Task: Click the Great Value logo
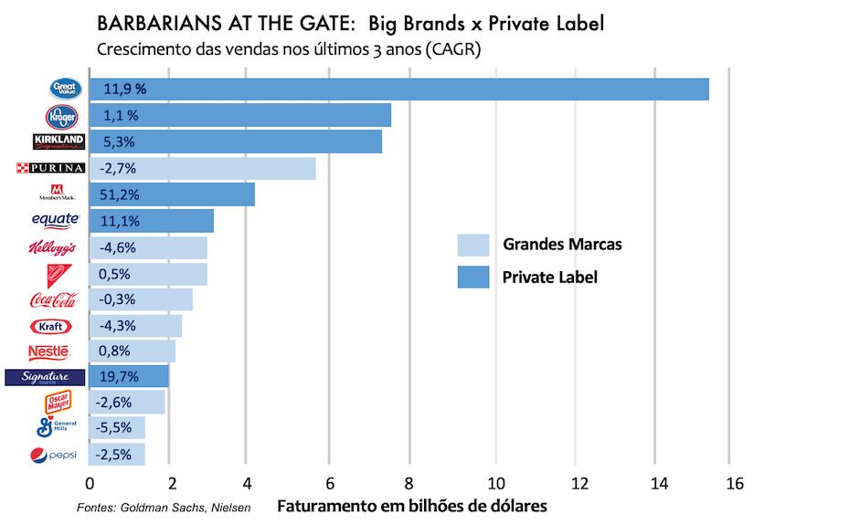(66, 89)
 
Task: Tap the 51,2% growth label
(119, 195)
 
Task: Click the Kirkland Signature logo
(58, 142)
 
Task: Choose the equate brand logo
(55, 220)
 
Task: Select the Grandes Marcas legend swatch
(473, 245)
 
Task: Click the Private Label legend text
(549, 276)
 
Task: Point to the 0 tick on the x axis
(90, 483)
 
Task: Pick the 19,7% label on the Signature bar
(119, 377)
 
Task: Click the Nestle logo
(48, 352)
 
